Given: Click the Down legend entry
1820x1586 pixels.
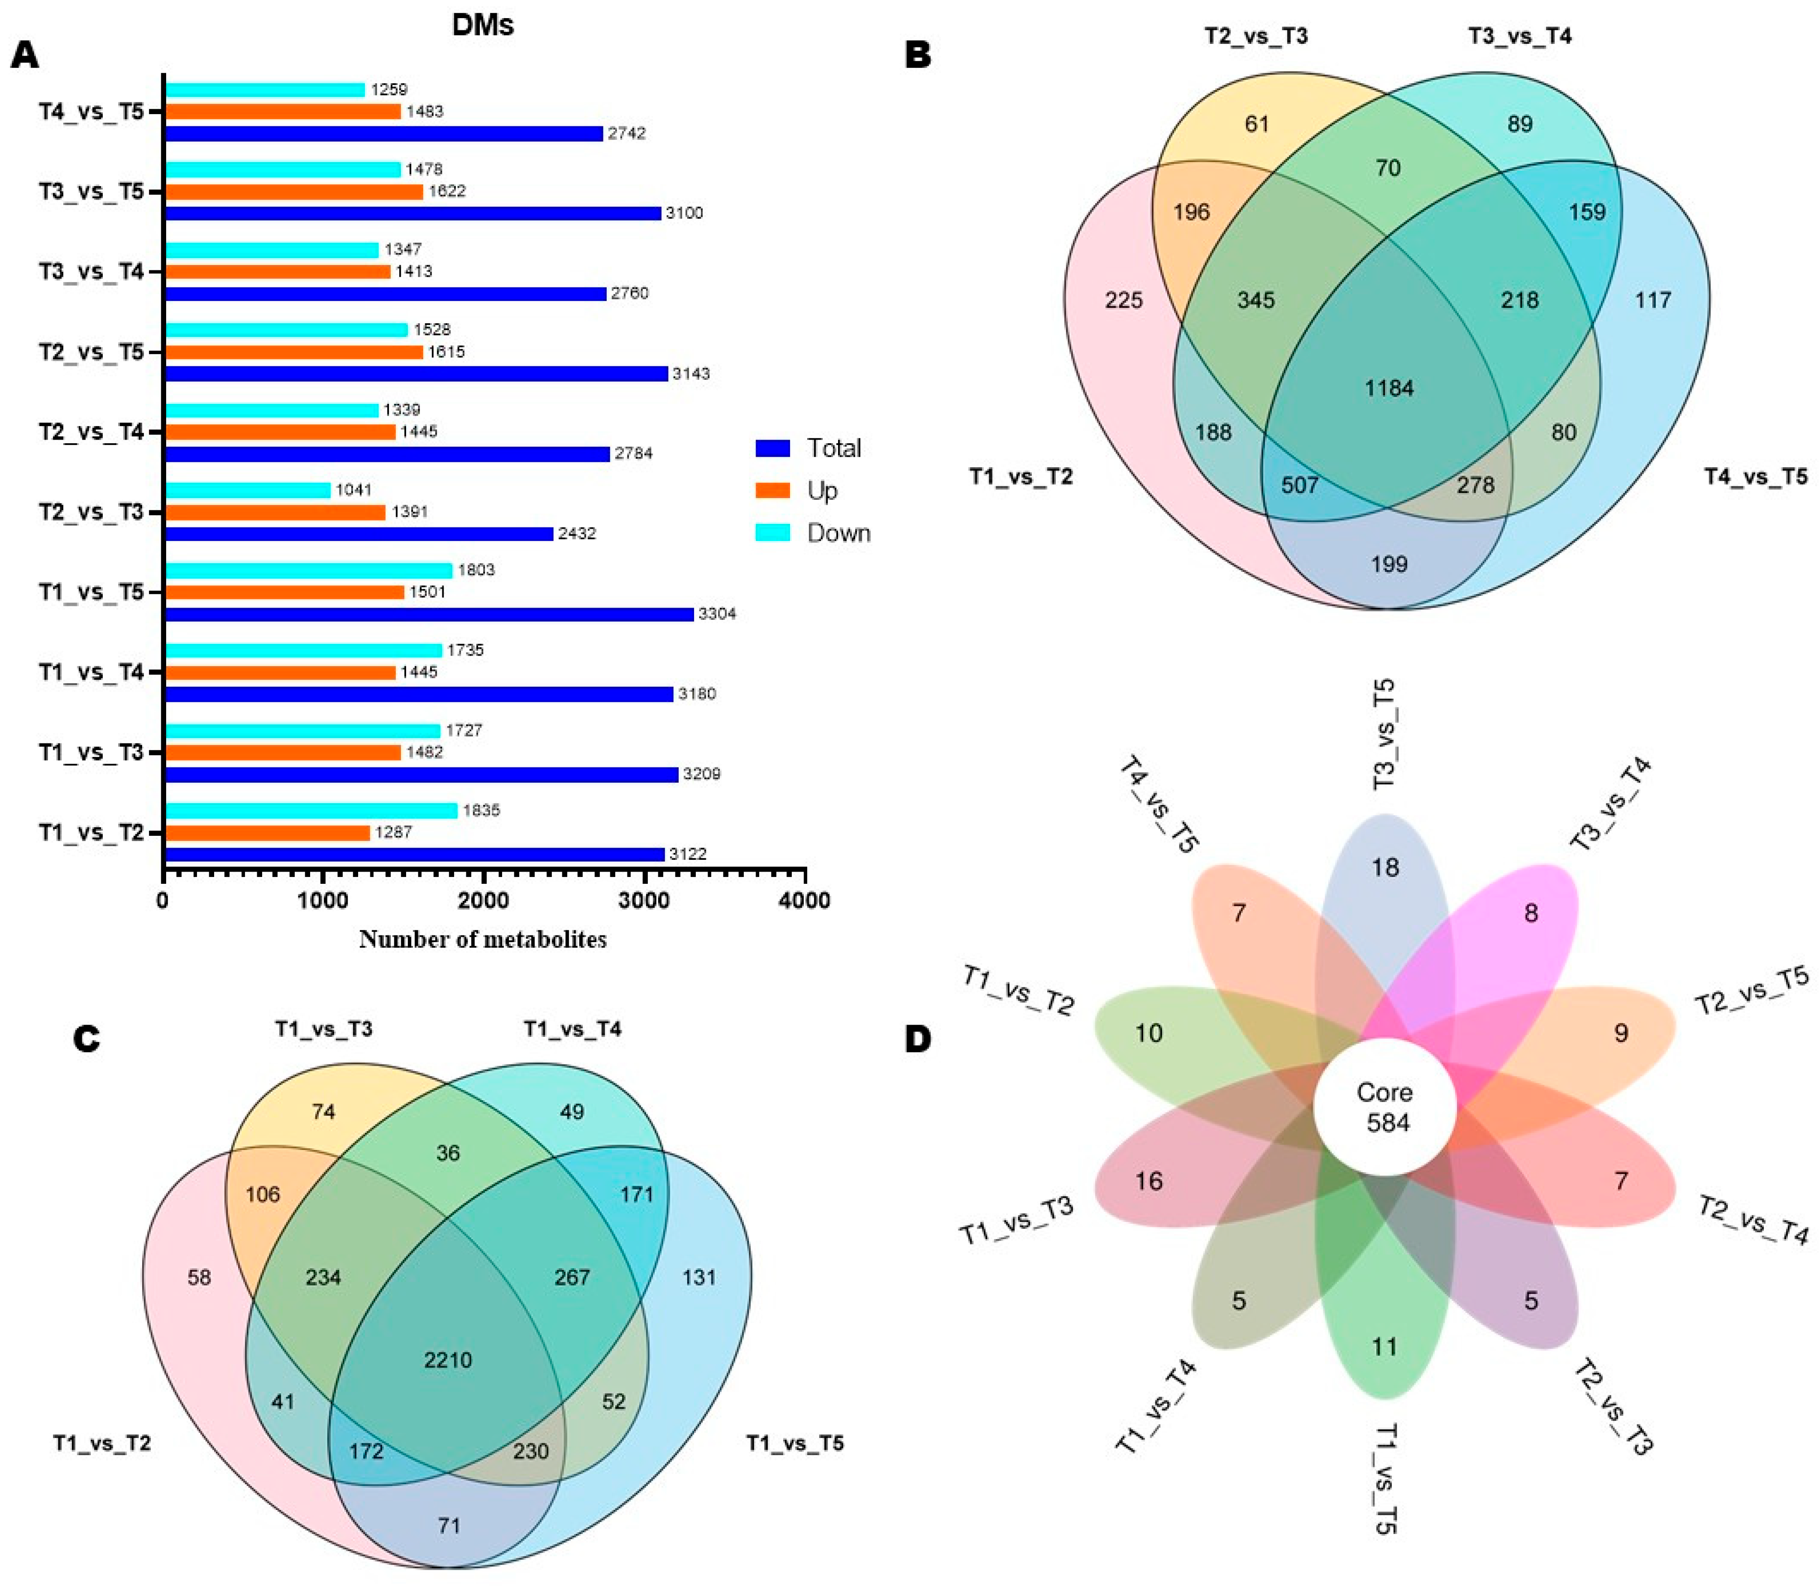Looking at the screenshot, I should [x=838, y=533].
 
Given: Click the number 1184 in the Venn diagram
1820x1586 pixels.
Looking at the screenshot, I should [x=1388, y=388].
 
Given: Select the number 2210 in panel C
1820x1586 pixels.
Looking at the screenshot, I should [x=448, y=1360].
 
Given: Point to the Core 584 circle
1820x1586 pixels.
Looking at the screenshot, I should [x=1385, y=1106].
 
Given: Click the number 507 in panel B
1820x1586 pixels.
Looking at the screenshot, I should [x=1300, y=485].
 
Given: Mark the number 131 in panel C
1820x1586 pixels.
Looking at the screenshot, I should [x=699, y=1277].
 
